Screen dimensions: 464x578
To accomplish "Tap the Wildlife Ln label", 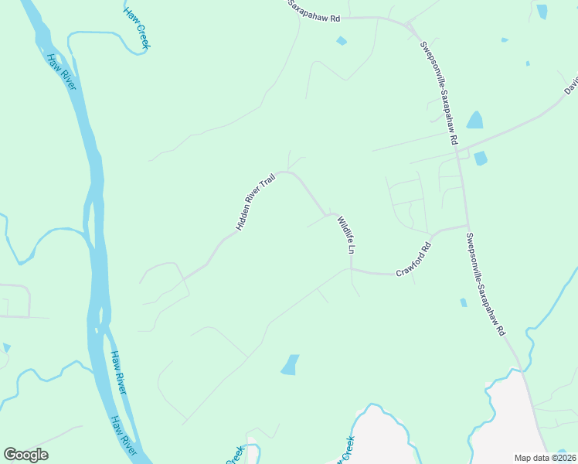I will click(x=345, y=236).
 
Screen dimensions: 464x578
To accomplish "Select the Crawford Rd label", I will click(x=413, y=260).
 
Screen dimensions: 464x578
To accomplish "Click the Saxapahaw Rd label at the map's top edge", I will click(x=314, y=11).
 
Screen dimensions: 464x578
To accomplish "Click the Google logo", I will click(x=26, y=455).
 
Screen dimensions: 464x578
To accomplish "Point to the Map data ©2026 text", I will click(x=545, y=458).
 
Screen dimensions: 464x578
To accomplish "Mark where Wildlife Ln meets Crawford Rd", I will click(x=352, y=270).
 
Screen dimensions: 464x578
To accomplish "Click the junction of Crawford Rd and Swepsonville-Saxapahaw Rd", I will click(x=467, y=226).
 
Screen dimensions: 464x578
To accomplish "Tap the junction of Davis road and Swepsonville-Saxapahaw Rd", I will click(x=457, y=151).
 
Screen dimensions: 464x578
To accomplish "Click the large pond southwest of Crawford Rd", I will click(x=290, y=364).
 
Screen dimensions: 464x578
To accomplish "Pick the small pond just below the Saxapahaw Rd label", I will click(x=341, y=40).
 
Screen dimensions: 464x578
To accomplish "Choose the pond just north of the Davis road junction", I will click(x=474, y=120).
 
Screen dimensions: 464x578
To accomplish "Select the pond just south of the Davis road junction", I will click(x=481, y=159).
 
